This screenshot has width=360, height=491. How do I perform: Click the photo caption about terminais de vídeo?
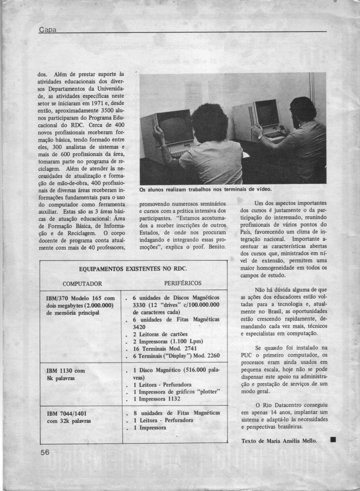tap(205, 189)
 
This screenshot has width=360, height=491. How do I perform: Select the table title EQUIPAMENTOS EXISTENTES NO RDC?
tap(133, 268)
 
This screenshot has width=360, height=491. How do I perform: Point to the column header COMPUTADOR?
tap(82, 284)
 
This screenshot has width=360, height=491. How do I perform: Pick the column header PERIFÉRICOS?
tap(183, 283)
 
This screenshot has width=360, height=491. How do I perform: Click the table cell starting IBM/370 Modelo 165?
tap(80, 305)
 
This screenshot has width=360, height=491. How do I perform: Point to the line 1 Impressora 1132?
tap(159, 399)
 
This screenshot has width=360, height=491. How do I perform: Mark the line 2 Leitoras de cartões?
tap(160, 334)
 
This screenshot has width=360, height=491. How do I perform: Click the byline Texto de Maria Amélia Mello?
tap(279, 441)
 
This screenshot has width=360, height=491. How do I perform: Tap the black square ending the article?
tap(333, 440)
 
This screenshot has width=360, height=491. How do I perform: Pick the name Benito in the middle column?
tap(217, 247)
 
